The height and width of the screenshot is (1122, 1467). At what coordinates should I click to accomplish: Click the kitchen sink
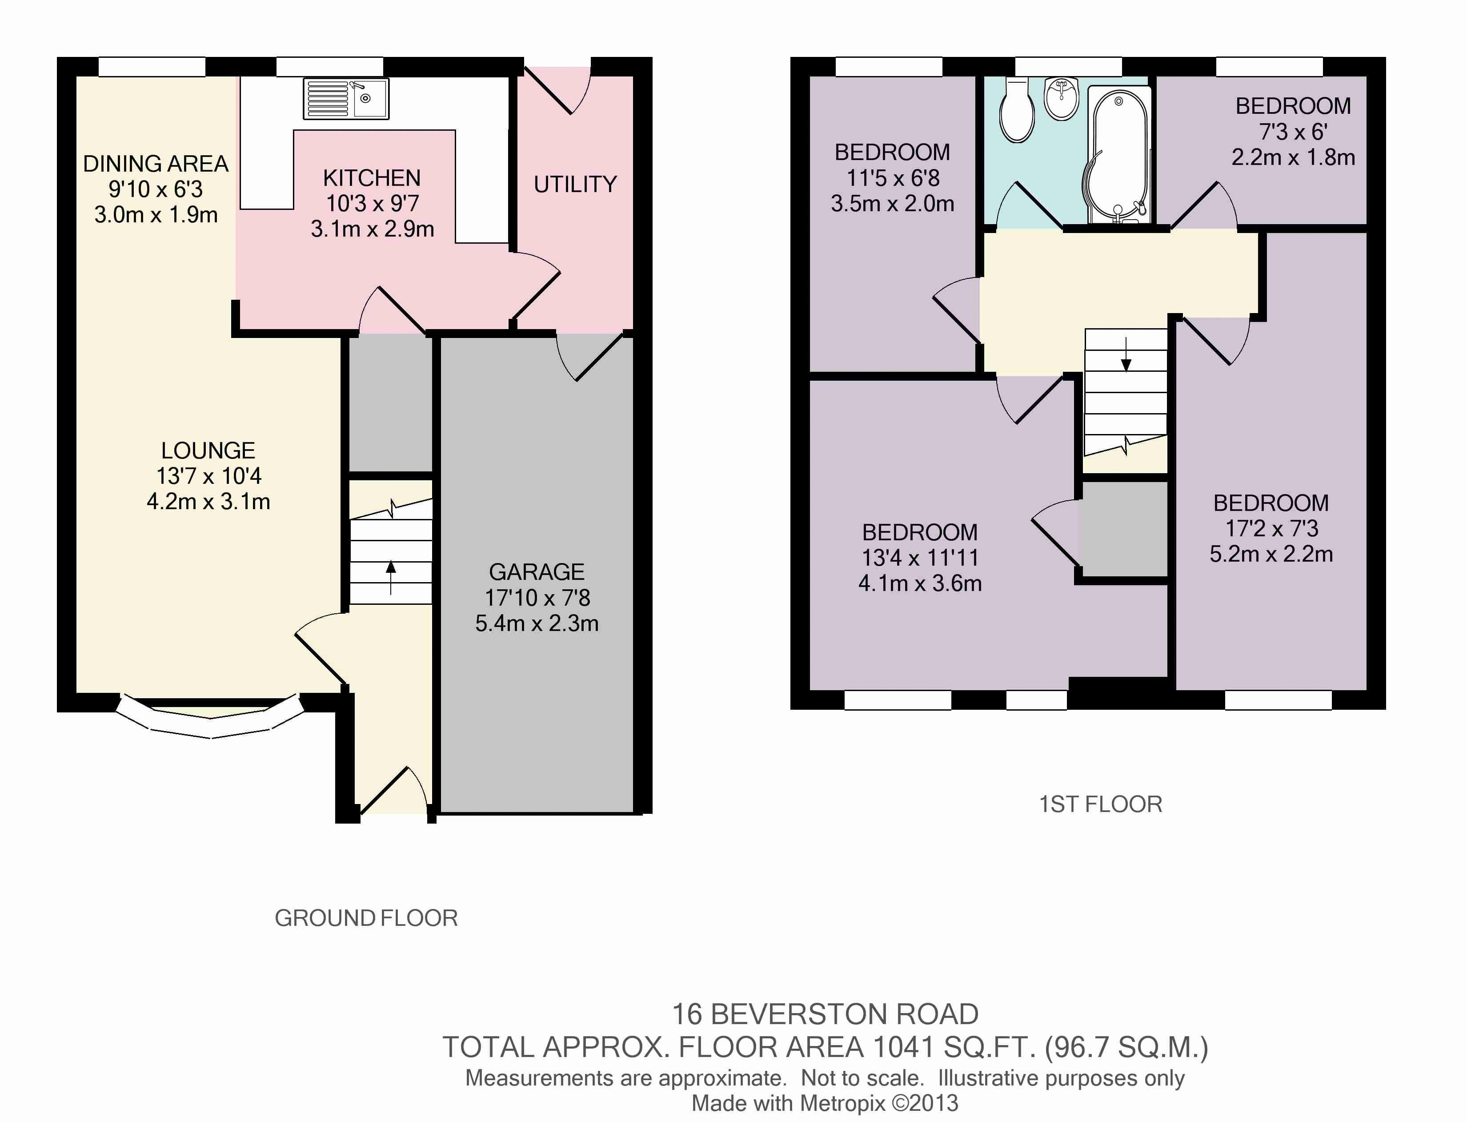click(x=346, y=99)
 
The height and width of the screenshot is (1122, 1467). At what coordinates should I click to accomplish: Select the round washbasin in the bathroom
click(x=1061, y=99)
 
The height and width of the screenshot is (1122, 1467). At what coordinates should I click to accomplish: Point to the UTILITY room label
click(x=575, y=184)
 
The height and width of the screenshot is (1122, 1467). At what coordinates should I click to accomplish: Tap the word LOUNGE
click(x=208, y=451)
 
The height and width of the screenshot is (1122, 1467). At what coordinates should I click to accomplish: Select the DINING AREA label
click(x=156, y=164)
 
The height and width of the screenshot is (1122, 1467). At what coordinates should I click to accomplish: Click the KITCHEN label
click(x=372, y=178)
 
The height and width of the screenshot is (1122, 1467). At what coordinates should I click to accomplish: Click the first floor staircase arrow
click(x=1126, y=354)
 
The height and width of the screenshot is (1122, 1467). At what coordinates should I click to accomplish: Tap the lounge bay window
click(x=210, y=718)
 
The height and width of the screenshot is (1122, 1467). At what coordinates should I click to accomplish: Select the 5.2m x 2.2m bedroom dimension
click(x=1271, y=554)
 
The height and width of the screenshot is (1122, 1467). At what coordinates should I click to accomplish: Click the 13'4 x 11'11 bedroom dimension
click(x=920, y=558)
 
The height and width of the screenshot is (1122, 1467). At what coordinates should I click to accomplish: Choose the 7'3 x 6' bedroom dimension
click(x=1293, y=132)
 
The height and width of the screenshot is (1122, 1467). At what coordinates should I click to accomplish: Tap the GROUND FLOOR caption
click(x=366, y=918)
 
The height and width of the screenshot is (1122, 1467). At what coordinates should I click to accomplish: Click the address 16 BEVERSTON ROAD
click(x=825, y=1014)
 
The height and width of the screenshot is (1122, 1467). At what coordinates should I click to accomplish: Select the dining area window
click(x=152, y=67)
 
